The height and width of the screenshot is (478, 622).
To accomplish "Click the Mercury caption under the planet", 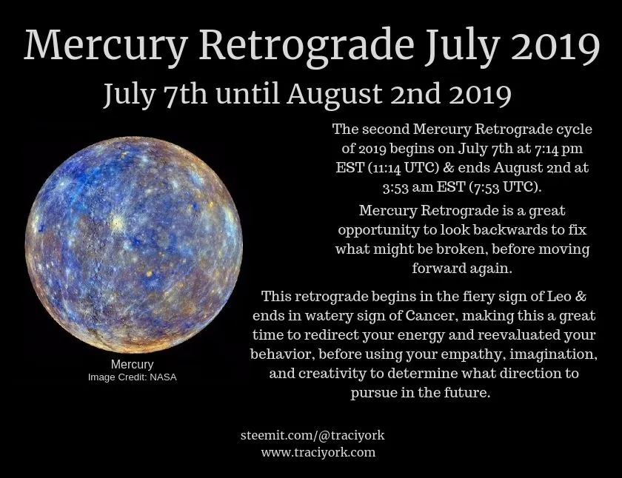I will tap(132, 365).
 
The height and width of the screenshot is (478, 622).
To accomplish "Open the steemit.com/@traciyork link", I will tap(312, 435).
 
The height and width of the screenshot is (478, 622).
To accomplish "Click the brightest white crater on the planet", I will tap(116, 221).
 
